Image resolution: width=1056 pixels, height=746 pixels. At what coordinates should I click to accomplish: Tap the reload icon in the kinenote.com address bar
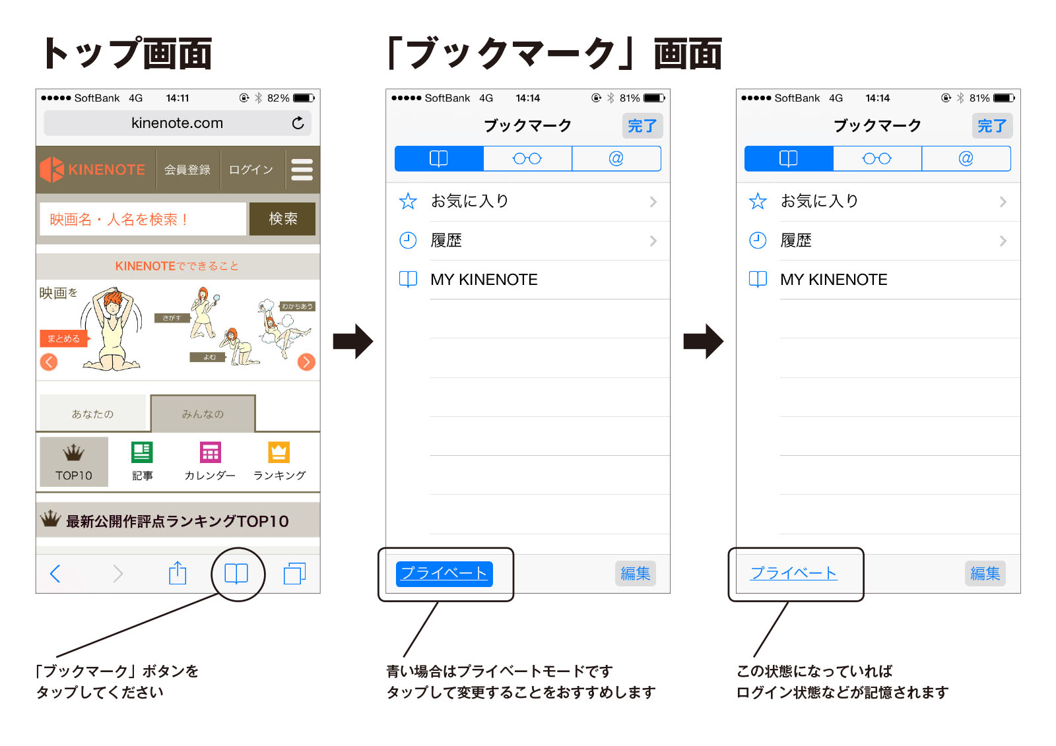click(x=298, y=123)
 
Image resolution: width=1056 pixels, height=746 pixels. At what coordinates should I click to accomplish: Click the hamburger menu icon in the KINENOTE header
click(x=302, y=170)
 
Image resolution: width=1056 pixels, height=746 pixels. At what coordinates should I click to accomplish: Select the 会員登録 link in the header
click(x=187, y=170)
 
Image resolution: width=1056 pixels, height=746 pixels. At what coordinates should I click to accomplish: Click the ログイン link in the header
click(x=251, y=170)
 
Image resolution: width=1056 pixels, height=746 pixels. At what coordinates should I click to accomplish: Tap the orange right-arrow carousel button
click(x=306, y=361)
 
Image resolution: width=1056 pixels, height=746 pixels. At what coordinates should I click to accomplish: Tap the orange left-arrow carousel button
click(x=49, y=361)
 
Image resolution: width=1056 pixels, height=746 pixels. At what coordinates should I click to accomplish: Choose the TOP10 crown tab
click(x=74, y=462)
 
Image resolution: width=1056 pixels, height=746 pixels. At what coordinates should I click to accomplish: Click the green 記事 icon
click(x=142, y=453)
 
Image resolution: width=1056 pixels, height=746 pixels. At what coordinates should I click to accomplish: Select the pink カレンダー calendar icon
click(x=211, y=453)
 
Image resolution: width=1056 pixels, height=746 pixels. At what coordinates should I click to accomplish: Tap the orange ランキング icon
click(x=279, y=453)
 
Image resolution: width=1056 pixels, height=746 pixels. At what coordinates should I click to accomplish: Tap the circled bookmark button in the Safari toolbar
click(x=236, y=574)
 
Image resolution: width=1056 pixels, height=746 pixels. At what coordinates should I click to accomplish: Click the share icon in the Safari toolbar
click(x=178, y=573)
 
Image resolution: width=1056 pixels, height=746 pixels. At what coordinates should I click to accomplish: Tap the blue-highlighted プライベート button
click(x=444, y=573)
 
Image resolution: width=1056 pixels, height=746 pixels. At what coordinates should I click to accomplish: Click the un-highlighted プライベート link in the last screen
click(x=793, y=573)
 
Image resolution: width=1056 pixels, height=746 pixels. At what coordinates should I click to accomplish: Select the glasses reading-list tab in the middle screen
click(x=527, y=159)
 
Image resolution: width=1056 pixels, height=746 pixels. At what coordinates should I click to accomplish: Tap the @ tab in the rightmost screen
click(x=966, y=159)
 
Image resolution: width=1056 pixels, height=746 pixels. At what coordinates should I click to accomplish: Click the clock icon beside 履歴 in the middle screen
click(x=408, y=241)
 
